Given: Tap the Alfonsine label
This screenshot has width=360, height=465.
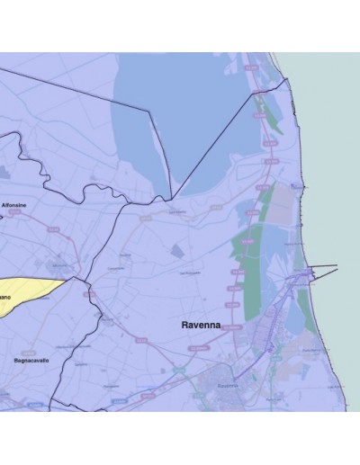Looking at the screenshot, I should pos(14,205).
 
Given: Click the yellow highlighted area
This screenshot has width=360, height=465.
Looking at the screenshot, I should pos(27,292).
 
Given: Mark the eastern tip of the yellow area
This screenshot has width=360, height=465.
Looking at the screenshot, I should pos(66,281).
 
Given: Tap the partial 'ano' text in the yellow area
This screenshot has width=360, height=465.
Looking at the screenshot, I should pos(4,297).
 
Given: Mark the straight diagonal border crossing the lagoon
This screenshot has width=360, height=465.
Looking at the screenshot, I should pos(211,144).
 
